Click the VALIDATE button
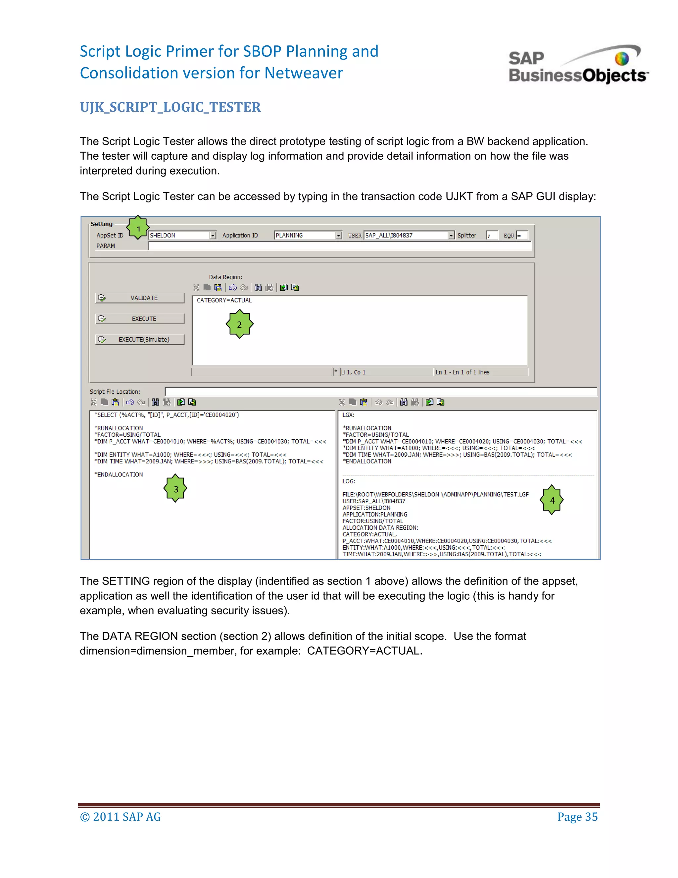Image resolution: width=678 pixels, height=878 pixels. pos(140,298)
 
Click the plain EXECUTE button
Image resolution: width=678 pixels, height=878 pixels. pos(140,319)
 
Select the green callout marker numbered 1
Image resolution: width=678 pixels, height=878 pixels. pos(138,228)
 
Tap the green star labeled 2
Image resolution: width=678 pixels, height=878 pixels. pos(239,324)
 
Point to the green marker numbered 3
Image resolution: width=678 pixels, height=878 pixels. pos(175,488)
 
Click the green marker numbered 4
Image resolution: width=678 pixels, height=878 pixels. pos(552,500)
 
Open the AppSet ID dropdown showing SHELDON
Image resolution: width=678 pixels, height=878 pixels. pos(182,235)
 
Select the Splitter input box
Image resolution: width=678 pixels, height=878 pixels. pos(492,235)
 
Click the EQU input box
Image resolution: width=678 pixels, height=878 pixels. pos(522,235)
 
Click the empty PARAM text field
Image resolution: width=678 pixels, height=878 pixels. pos(339,246)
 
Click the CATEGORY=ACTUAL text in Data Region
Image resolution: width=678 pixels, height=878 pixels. pos(224,300)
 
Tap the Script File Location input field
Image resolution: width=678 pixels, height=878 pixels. pos(381,391)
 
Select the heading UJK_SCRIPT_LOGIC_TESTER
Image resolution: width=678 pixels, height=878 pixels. pos(170,107)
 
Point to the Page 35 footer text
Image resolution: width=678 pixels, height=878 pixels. pos(577,816)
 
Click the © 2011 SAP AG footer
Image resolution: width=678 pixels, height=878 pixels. pos(121,816)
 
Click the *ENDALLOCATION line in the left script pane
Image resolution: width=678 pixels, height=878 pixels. pos(119,474)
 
